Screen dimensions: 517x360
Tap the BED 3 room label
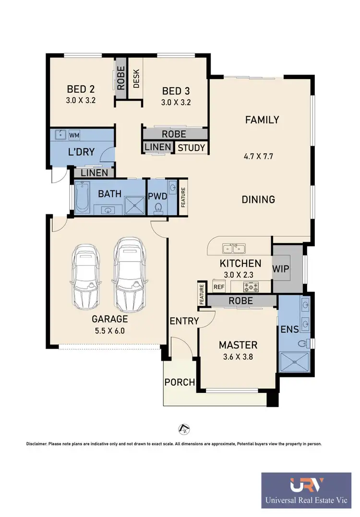[x=175, y=91]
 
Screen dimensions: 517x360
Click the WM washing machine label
[x=74, y=135]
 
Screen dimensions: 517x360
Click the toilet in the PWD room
[x=158, y=208]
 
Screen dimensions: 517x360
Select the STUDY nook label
[x=191, y=148]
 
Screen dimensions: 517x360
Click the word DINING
[x=259, y=199]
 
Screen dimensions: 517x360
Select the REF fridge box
[x=219, y=287]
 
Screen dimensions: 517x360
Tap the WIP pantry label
[x=281, y=269]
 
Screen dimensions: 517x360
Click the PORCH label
[x=180, y=382]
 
